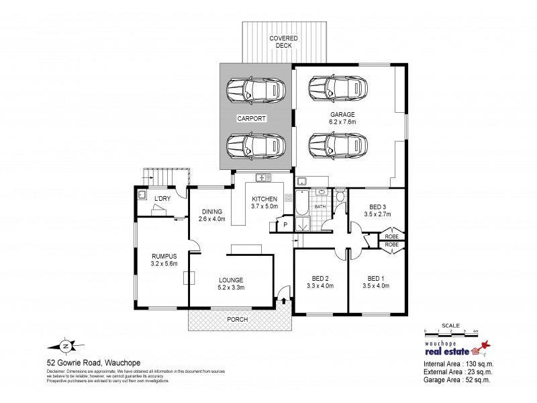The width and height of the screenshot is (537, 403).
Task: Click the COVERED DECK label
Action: tap(283, 42)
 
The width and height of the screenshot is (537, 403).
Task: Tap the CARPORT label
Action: tap(252, 118)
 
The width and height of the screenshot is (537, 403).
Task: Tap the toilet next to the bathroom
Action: tap(340, 195)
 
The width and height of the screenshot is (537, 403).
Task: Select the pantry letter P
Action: tap(285, 224)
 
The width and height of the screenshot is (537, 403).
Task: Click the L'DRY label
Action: tap(161, 199)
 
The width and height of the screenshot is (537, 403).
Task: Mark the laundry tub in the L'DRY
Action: tap(142, 195)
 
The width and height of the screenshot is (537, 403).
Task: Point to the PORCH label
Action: tap(238, 319)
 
